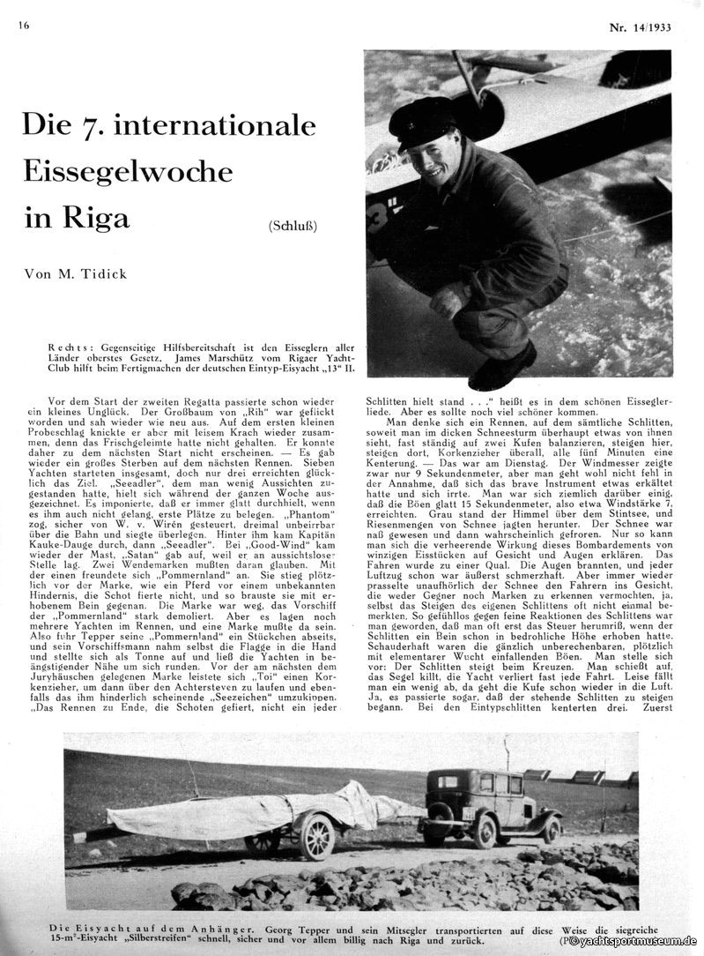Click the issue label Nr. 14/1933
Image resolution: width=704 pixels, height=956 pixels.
640,27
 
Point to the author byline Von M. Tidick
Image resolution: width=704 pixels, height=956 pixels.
76,274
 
